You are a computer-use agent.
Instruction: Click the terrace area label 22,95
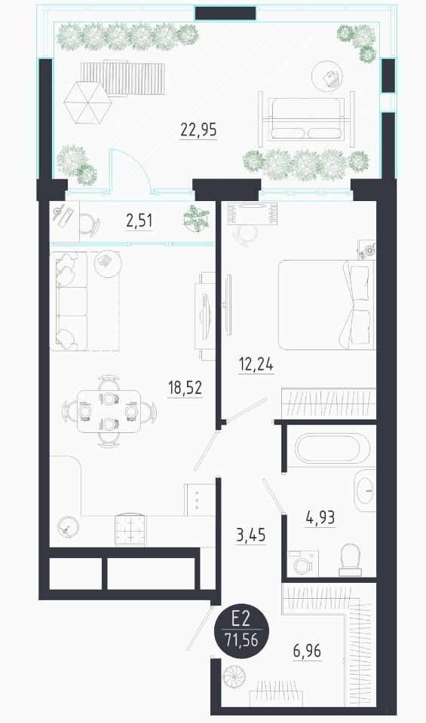(x=198, y=130)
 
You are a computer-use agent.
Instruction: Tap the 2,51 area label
(x=139, y=221)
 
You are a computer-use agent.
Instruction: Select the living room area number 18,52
(x=185, y=388)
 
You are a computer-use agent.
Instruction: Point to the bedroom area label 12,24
(x=256, y=365)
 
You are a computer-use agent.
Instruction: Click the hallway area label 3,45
(x=250, y=535)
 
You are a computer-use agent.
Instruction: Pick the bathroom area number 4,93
(x=320, y=518)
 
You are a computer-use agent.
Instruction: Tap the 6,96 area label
(x=307, y=651)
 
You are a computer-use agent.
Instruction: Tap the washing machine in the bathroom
(x=303, y=563)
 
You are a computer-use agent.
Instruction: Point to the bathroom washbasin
(x=366, y=491)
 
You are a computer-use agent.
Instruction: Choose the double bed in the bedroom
(x=326, y=305)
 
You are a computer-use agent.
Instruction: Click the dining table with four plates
(x=109, y=411)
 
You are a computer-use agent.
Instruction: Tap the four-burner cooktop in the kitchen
(x=130, y=529)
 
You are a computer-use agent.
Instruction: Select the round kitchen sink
(x=69, y=526)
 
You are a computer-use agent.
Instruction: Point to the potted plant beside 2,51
(x=196, y=218)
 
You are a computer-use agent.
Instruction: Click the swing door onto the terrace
(x=130, y=169)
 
